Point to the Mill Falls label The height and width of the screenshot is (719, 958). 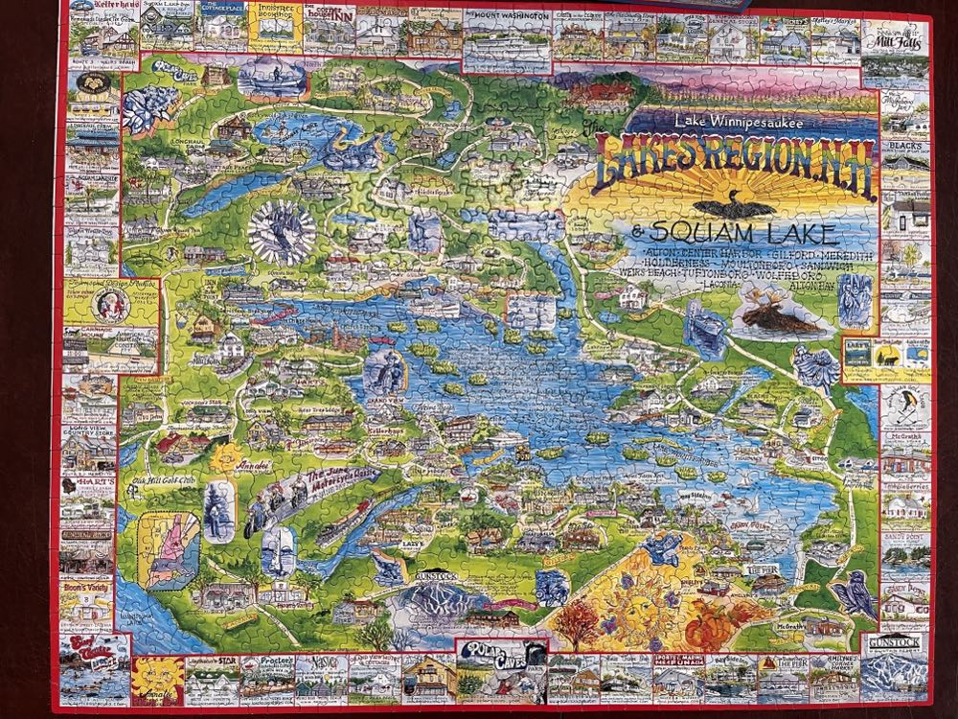pos(899,41)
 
